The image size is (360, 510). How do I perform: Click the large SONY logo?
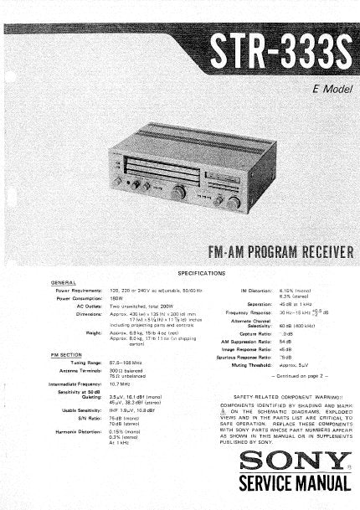coord(292,461)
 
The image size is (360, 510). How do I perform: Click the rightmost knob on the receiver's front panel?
coord(236,203)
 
